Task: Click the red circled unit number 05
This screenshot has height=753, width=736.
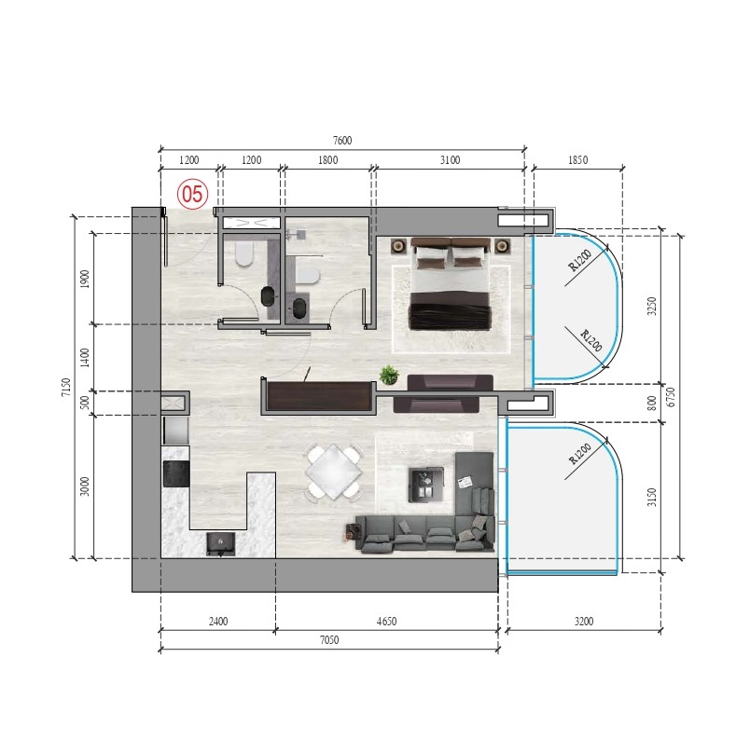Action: coord(192,195)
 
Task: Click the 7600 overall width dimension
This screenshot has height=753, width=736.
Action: coord(342,140)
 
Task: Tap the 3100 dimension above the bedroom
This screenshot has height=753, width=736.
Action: coord(450,160)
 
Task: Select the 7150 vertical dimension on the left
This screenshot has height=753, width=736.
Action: coord(66,387)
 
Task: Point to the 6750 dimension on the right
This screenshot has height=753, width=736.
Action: coord(671,397)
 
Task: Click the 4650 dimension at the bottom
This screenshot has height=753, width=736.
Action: coord(386,622)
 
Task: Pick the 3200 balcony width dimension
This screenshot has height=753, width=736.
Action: coord(584,622)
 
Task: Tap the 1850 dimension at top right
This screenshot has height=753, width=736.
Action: coord(577,160)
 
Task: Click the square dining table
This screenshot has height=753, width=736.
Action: coord(334,472)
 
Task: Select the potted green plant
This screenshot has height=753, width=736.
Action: coord(389,375)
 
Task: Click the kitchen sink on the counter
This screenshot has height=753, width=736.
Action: coord(221,543)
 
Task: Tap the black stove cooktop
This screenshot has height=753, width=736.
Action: coord(176,474)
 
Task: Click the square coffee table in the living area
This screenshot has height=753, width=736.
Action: coord(426,485)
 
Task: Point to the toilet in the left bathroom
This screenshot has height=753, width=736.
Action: coord(244,253)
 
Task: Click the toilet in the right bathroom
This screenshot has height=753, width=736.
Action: coord(308,277)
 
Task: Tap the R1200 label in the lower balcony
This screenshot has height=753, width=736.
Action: coord(580,454)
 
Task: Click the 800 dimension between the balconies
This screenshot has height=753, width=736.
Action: coord(651,403)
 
